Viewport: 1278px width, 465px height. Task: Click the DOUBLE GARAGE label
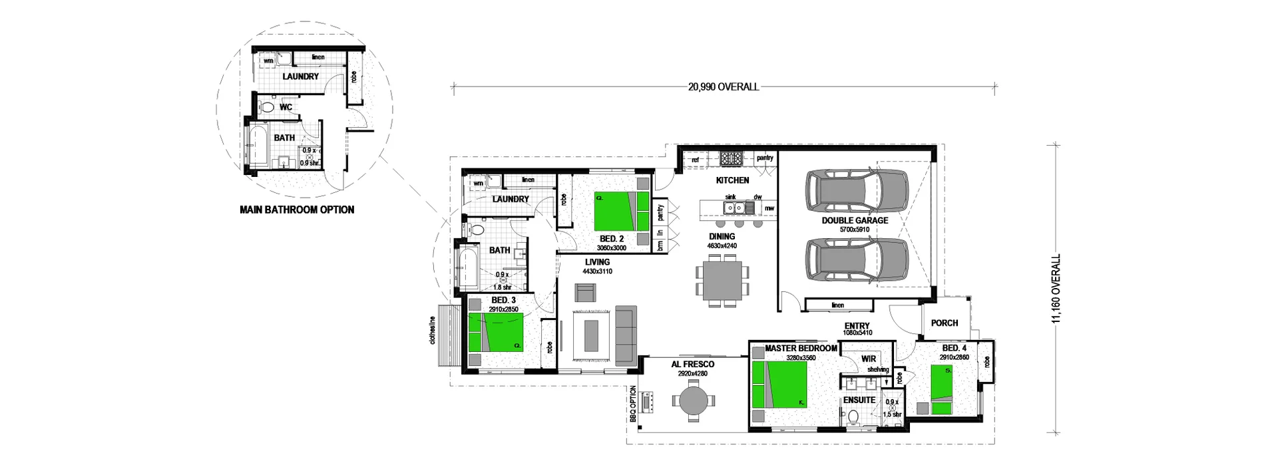[855, 220]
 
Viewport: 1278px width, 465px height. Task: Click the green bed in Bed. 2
[620, 210]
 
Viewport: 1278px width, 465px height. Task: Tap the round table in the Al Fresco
[691, 402]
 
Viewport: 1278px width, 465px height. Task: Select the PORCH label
[944, 323]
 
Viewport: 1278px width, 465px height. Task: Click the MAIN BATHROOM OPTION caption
[297, 210]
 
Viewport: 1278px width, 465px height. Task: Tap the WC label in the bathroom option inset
[286, 107]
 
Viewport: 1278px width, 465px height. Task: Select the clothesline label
[433, 330]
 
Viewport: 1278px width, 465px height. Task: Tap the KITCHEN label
[732, 180]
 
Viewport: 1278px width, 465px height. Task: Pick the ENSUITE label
[859, 400]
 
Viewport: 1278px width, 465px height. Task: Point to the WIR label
[869, 359]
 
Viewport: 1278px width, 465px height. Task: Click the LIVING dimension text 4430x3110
[597, 271]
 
